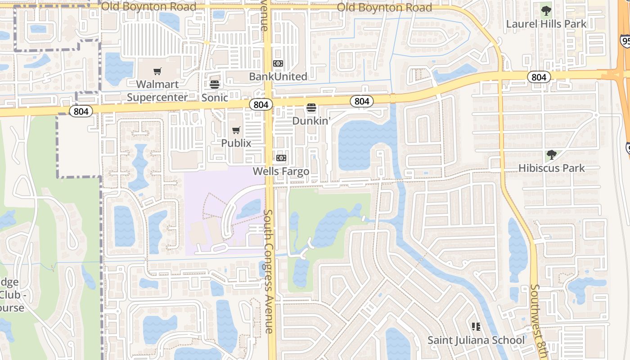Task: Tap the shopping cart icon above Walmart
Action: (x=157, y=71)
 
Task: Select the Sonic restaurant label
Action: (x=215, y=97)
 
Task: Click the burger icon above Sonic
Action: (x=215, y=84)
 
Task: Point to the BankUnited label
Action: (x=278, y=76)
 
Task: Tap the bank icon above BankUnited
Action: (x=278, y=63)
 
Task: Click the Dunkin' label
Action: (x=311, y=121)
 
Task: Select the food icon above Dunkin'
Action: (x=311, y=108)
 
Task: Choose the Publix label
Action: (x=236, y=143)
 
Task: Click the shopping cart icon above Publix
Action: (x=236, y=130)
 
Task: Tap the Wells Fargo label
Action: (x=281, y=171)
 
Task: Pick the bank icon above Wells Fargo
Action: (x=281, y=158)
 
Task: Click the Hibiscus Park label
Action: (x=552, y=168)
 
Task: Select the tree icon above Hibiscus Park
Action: (x=552, y=155)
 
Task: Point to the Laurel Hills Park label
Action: (x=546, y=23)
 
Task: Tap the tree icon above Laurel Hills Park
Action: (x=546, y=10)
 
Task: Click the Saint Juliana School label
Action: (x=476, y=340)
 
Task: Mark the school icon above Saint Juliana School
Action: (x=476, y=326)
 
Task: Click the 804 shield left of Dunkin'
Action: (x=261, y=105)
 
